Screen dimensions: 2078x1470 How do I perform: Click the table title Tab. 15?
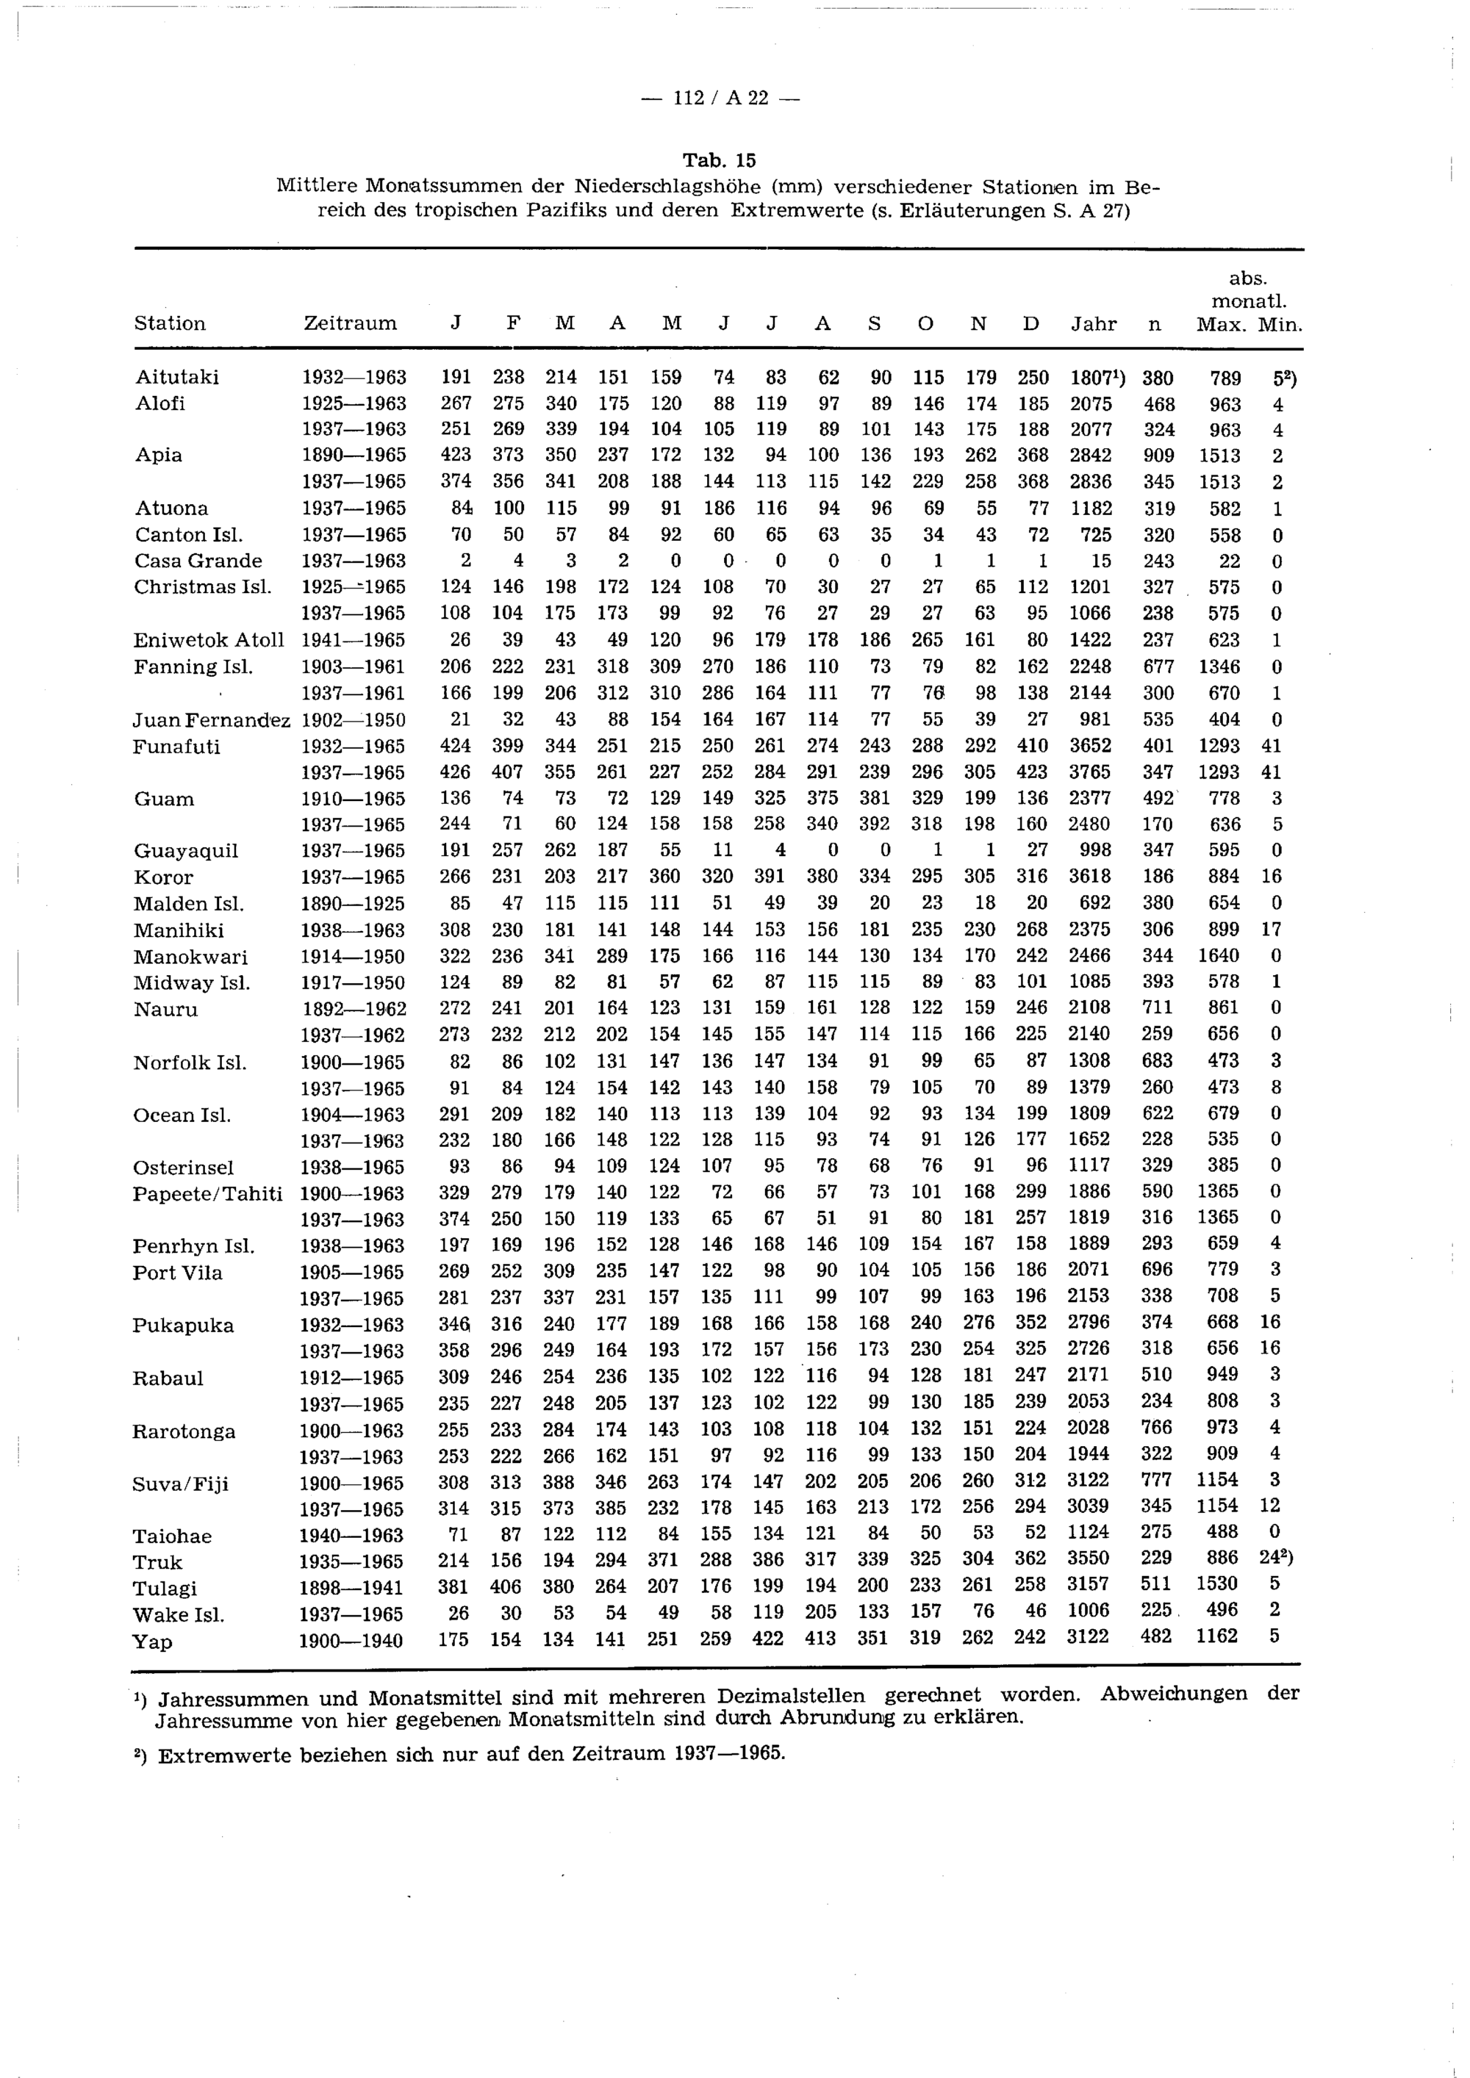(720, 160)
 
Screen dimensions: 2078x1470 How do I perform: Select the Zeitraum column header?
(351, 323)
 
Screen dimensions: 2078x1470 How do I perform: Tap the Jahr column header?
(1094, 323)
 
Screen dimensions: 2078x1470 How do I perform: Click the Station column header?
(171, 323)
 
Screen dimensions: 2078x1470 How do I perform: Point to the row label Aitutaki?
(177, 376)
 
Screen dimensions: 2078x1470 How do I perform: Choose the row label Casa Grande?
(198, 560)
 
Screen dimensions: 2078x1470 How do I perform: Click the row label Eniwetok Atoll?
(208, 640)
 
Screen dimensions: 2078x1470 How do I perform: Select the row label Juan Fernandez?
(211, 719)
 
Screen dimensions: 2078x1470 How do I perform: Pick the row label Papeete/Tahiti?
(207, 1193)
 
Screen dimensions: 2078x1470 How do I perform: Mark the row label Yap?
(152, 1640)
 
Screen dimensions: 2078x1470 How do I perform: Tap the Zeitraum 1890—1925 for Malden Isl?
(353, 903)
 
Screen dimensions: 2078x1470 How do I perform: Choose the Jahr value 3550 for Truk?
(1088, 1558)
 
